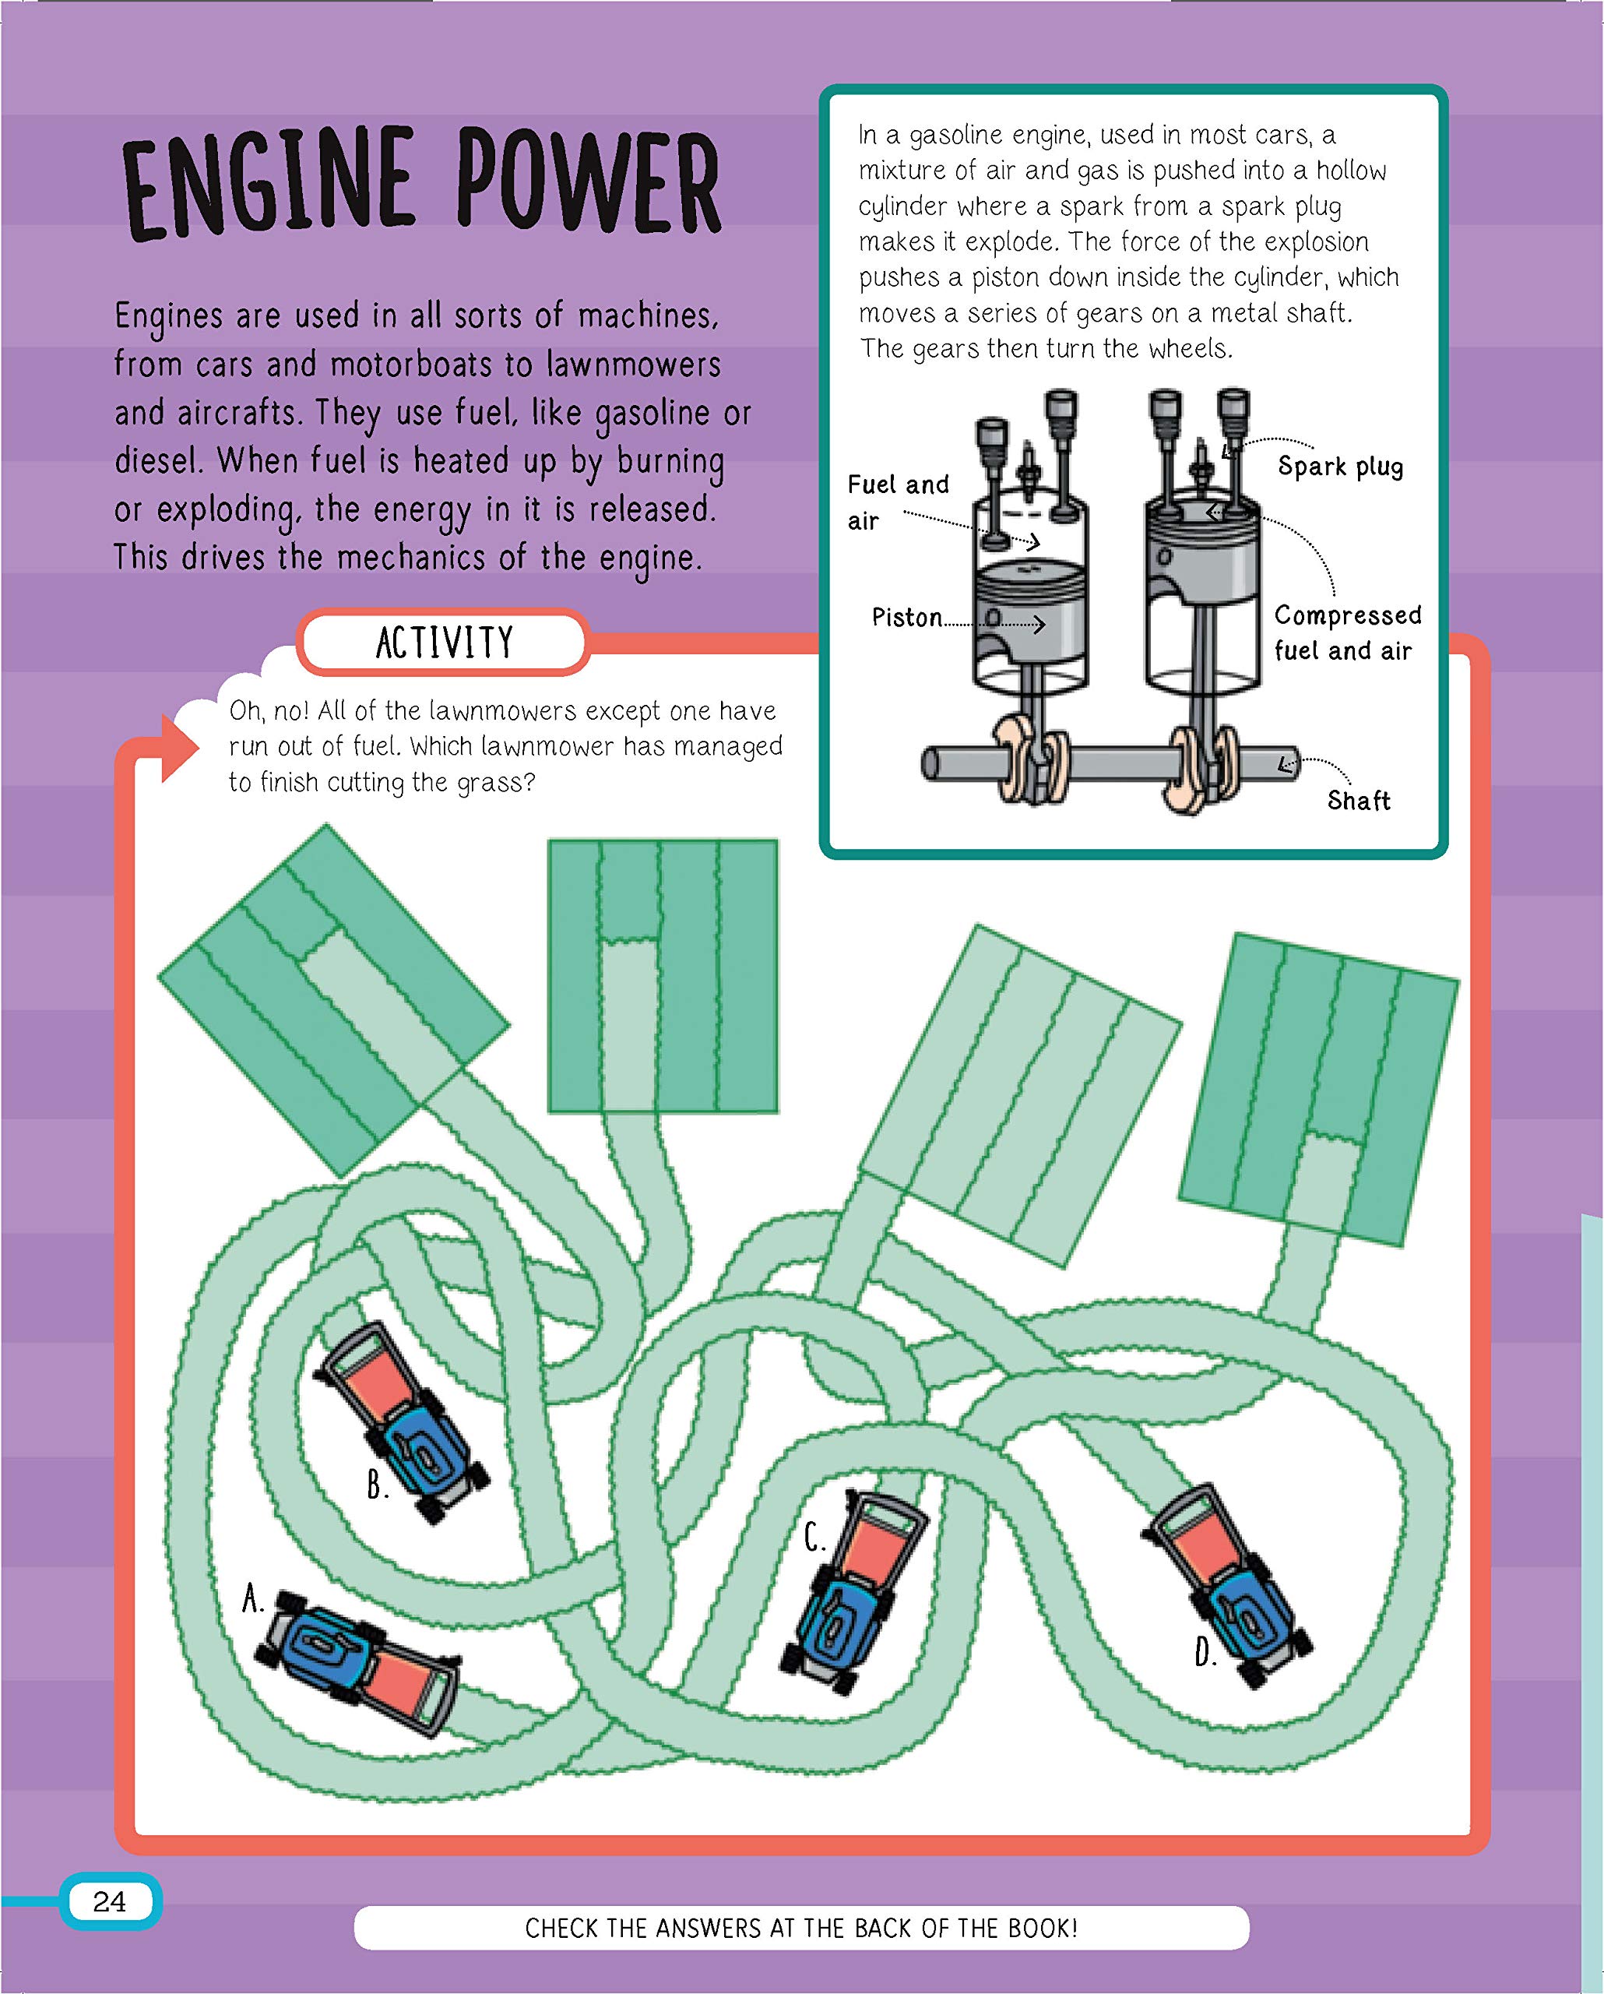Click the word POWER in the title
coord(587,182)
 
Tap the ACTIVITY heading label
coord(444,642)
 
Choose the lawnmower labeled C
coord(853,1588)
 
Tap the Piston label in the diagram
coord(907,617)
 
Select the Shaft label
coord(1358,800)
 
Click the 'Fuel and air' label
coord(897,502)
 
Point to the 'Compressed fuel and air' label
coord(1346,632)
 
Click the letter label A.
coord(252,1598)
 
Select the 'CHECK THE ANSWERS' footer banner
coord(800,1929)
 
